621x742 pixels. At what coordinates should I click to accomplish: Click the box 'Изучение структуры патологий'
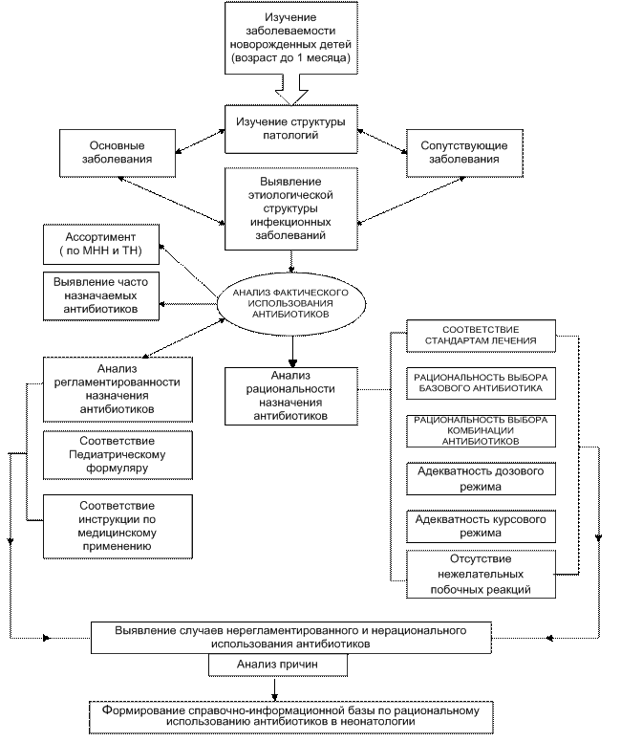[290, 129]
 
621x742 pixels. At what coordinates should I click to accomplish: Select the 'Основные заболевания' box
[118, 153]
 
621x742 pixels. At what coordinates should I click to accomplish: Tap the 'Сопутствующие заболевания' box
[464, 153]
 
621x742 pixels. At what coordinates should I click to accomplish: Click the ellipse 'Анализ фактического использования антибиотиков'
[290, 303]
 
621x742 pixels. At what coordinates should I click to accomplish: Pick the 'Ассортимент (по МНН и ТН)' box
[101, 244]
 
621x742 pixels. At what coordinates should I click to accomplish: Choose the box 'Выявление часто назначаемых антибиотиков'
[101, 295]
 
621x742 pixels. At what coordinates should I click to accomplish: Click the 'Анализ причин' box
[278, 665]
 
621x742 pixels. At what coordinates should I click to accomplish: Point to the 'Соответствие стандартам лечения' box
[481, 336]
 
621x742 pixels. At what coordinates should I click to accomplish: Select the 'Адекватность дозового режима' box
[481, 478]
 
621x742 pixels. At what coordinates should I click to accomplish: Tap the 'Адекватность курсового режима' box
[481, 526]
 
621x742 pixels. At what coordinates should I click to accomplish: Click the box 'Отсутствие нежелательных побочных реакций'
[481, 574]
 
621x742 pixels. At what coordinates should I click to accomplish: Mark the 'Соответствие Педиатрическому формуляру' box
[118, 455]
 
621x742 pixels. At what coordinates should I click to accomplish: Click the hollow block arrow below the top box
[291, 90]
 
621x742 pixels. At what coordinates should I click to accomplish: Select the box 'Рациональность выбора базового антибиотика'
[481, 382]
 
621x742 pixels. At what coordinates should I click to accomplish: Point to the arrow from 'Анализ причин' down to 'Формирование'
[274, 688]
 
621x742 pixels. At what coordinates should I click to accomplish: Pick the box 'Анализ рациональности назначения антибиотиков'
[290, 396]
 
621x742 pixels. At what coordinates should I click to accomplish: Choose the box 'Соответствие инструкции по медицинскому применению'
[118, 527]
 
